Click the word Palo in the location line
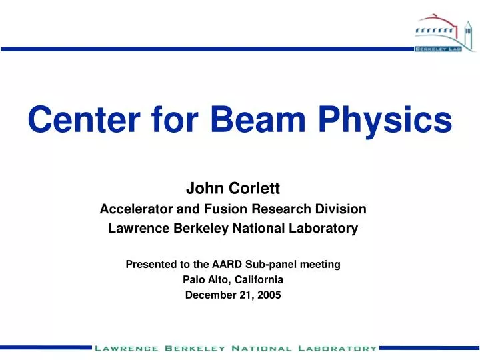[x=194, y=281]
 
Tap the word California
[x=258, y=281]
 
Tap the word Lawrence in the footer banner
[x=126, y=348]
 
